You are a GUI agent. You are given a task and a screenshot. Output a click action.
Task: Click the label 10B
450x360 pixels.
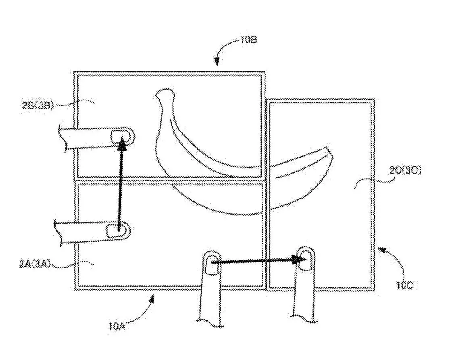coord(248,39)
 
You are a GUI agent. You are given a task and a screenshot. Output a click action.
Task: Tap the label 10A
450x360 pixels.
coord(117,327)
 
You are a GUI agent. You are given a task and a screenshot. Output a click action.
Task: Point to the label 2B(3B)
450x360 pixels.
coord(38,106)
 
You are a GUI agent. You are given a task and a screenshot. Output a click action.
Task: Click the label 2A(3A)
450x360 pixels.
coord(35,264)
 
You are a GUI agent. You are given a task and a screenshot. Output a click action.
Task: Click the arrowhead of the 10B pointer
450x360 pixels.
coord(217,61)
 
